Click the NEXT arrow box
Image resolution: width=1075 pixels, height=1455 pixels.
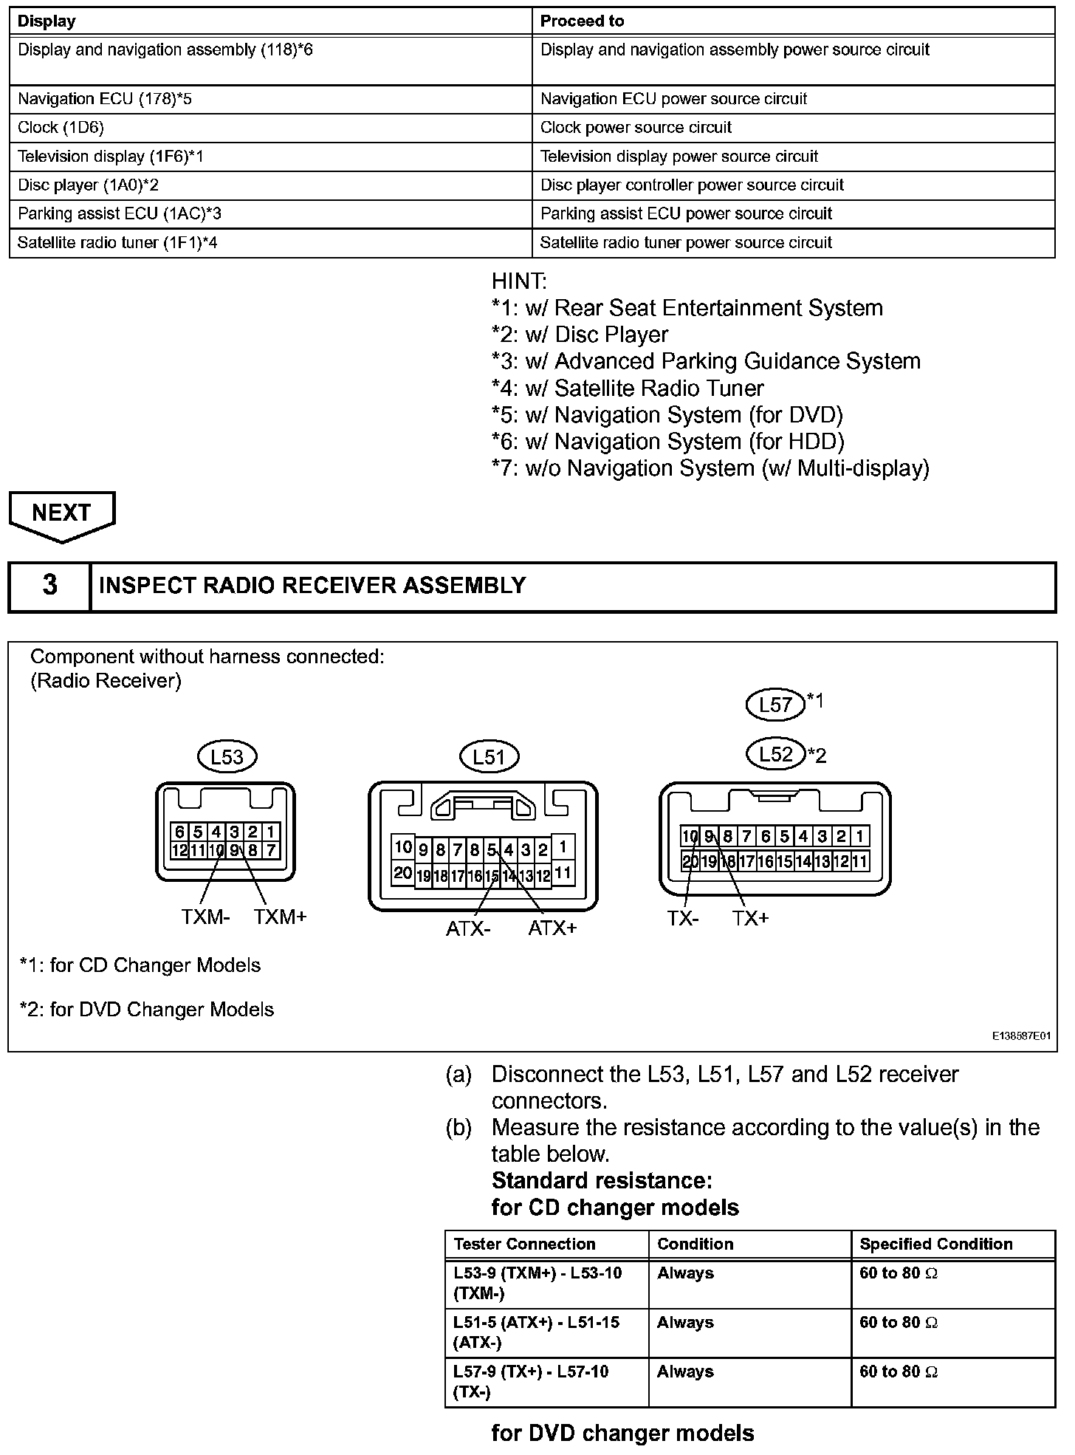tap(62, 515)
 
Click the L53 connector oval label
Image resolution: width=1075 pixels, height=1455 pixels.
tap(227, 756)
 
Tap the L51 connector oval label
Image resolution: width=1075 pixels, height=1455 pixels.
tap(488, 756)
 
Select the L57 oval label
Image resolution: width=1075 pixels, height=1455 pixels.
tap(775, 704)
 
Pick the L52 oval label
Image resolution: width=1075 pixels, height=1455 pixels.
tap(775, 754)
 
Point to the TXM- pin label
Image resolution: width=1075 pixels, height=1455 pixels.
tap(205, 917)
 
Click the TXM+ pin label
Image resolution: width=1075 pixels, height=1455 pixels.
tap(280, 917)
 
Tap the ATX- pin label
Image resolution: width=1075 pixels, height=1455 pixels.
tap(468, 928)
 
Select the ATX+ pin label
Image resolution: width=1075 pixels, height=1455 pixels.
tap(552, 928)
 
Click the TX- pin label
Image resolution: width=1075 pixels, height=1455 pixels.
tap(683, 918)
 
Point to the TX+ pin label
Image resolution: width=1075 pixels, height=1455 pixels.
tap(751, 918)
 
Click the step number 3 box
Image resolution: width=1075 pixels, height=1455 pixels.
tap(49, 585)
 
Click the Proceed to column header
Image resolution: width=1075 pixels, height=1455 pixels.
tap(582, 21)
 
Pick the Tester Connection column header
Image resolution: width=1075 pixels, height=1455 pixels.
tap(524, 1244)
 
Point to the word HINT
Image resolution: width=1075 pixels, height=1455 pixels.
tap(519, 281)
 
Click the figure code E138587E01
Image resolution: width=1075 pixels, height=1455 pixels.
tap(1021, 1036)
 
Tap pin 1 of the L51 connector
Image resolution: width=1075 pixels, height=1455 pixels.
tap(563, 846)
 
